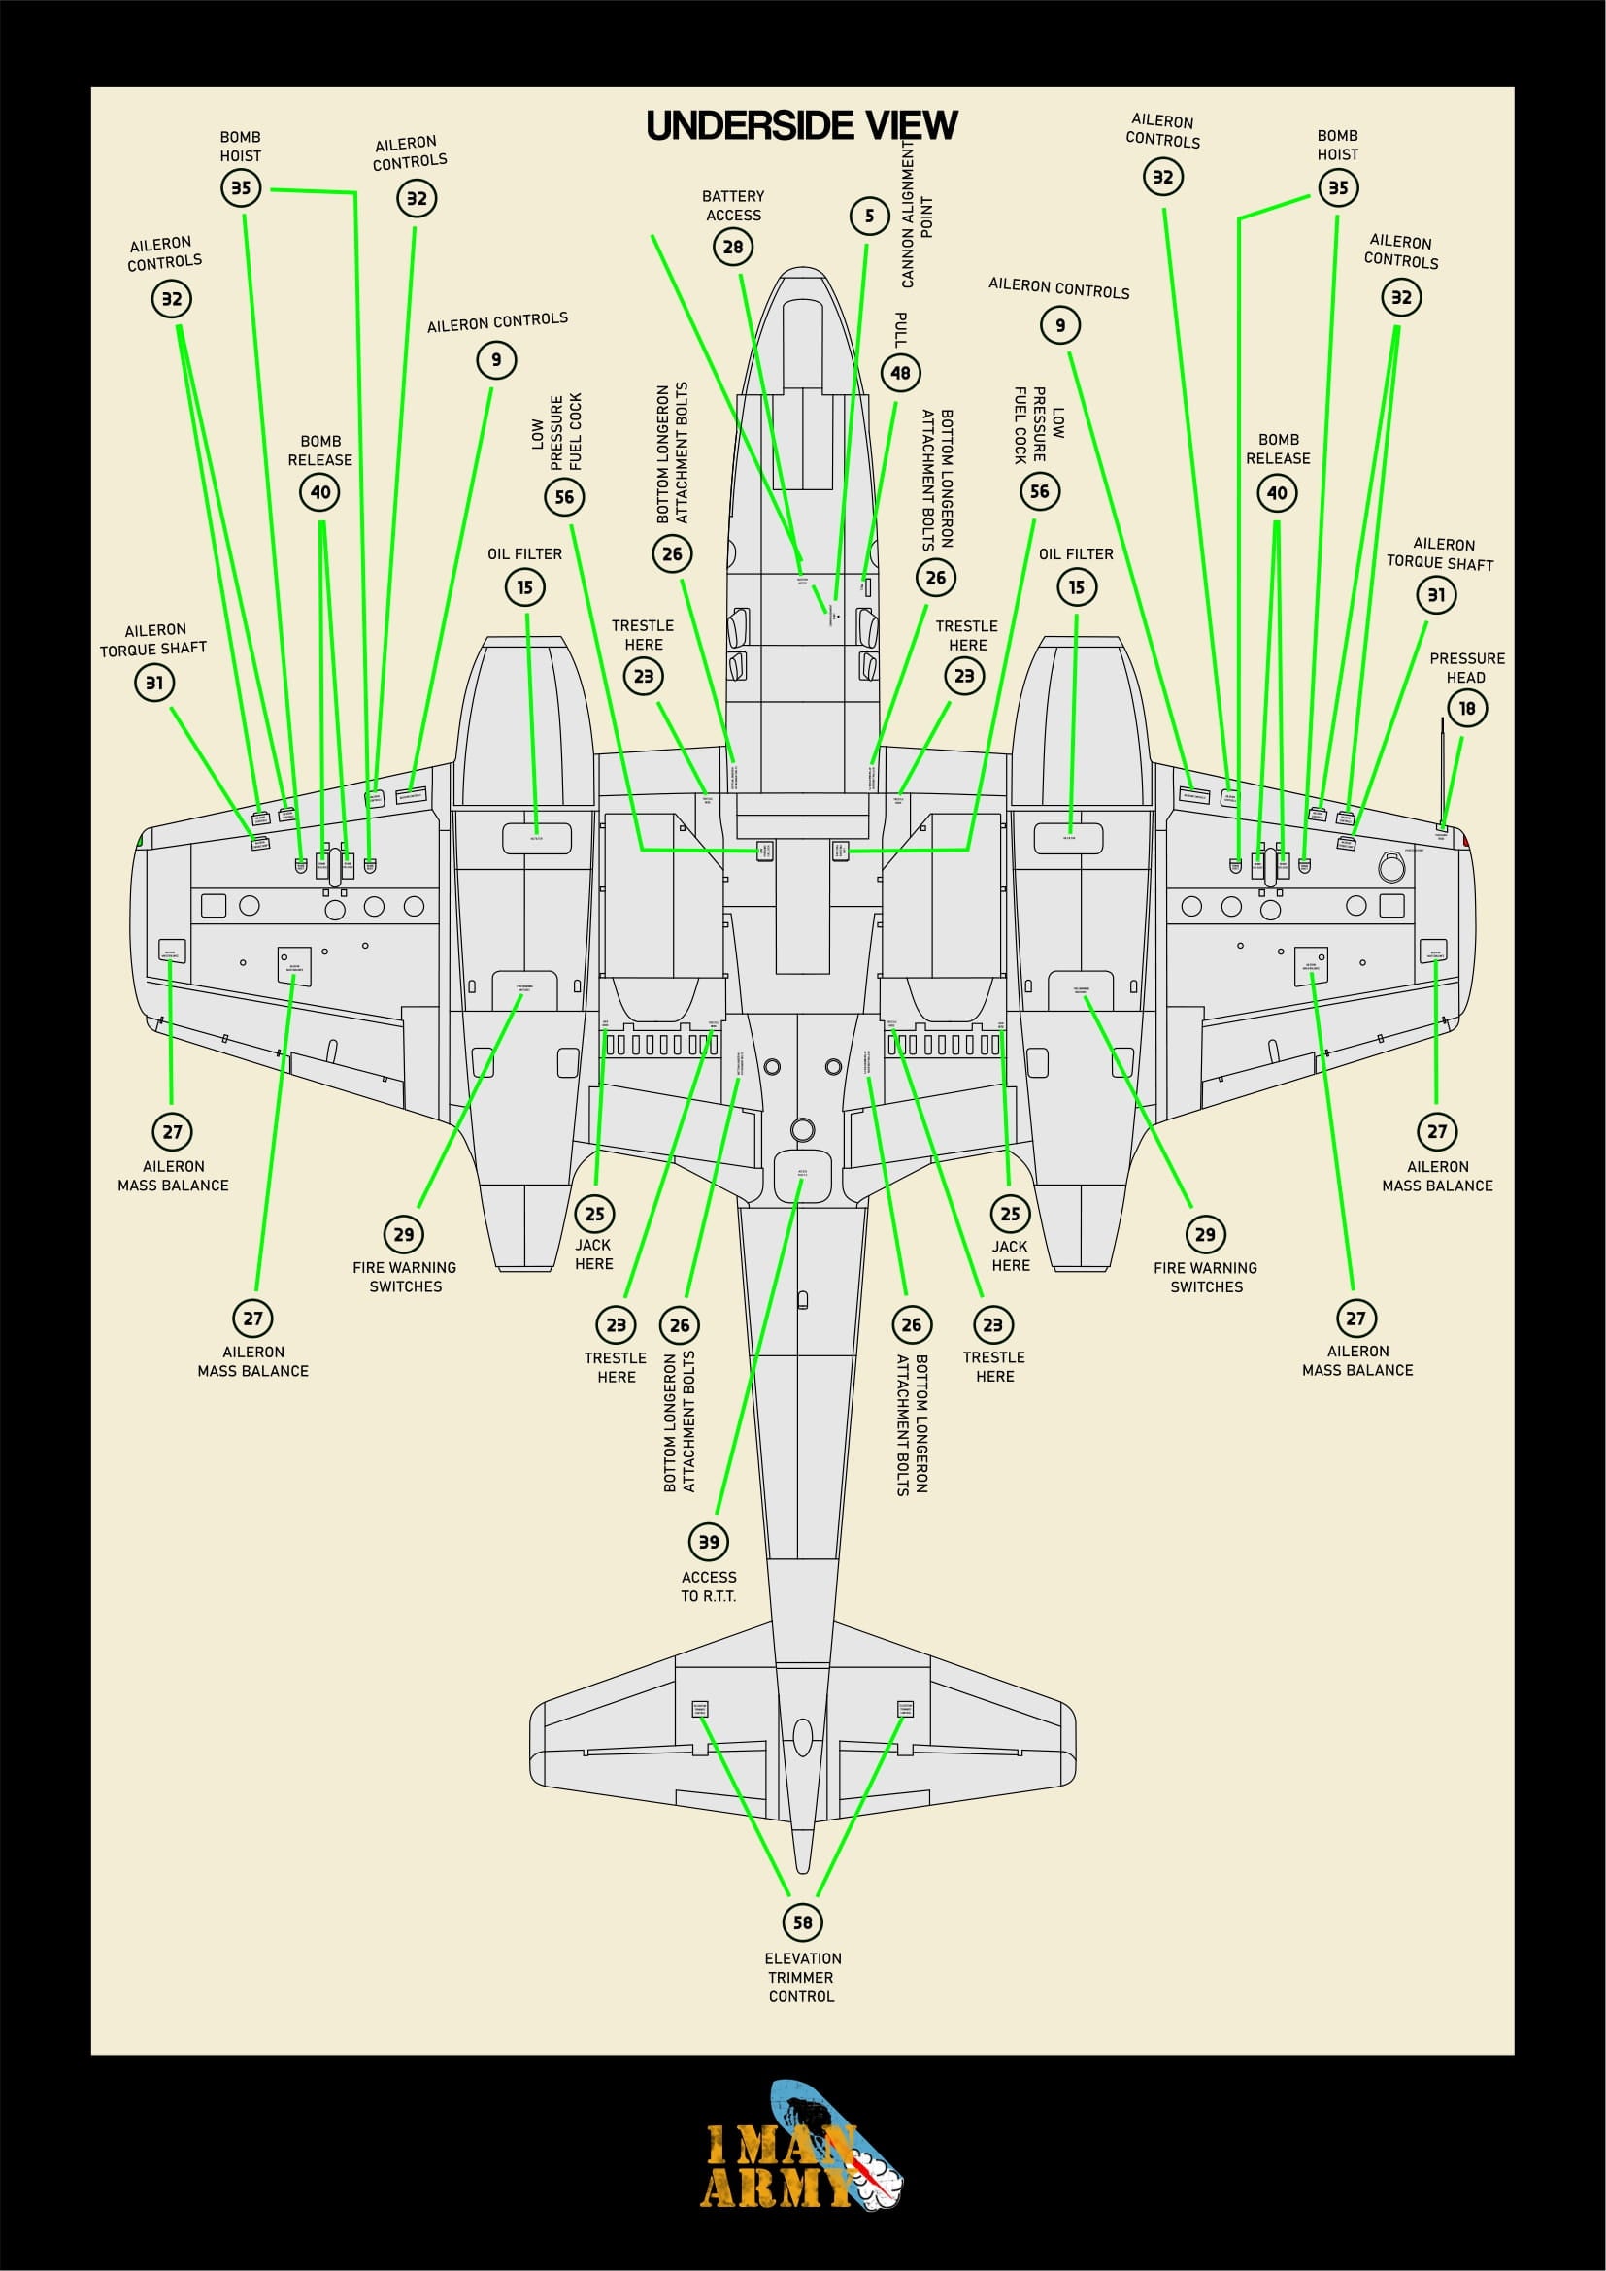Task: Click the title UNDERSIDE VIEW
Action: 801,125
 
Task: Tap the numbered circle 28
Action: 733,247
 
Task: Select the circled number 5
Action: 869,216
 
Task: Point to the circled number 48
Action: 900,373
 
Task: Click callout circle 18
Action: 1466,708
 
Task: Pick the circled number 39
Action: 709,1541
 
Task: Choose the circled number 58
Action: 802,1921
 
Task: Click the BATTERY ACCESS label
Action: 733,206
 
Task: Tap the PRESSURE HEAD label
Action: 1466,668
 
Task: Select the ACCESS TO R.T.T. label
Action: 709,1586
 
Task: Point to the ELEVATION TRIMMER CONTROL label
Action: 802,1977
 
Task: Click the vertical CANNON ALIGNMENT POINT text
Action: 916,213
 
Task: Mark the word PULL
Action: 901,328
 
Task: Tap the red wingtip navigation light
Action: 1466,841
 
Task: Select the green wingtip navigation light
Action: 140,841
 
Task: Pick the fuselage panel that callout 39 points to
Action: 802,1175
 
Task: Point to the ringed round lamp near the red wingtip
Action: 1391,867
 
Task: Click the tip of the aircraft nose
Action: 802,269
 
